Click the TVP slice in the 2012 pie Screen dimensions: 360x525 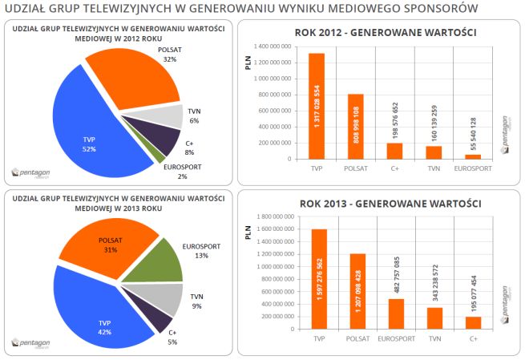coord(88,132)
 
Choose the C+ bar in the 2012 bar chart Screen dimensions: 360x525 coord(394,151)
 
